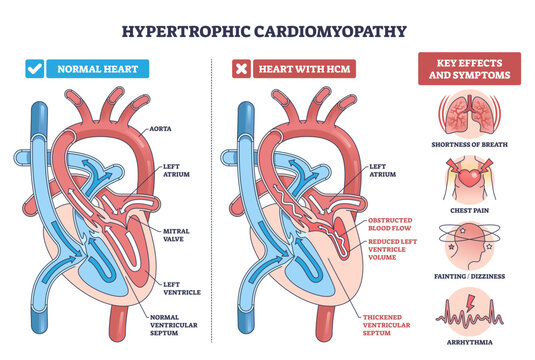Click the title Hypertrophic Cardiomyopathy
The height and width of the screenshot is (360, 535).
click(268, 30)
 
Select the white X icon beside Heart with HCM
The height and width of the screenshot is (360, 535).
click(240, 70)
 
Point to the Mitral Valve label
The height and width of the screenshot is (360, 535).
click(176, 234)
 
